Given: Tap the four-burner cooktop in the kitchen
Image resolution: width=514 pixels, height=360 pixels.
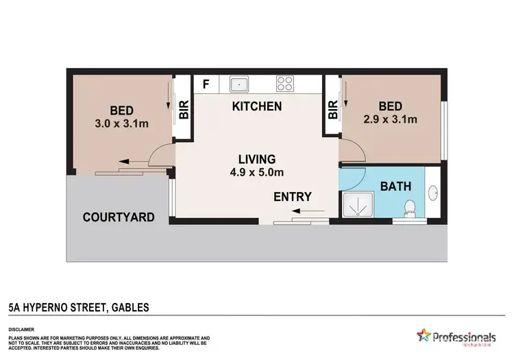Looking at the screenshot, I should pyautogui.click(x=284, y=84).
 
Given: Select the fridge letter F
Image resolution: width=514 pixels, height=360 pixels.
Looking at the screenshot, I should pyautogui.click(x=205, y=84).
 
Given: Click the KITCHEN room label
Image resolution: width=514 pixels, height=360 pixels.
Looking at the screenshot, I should pyautogui.click(x=257, y=106).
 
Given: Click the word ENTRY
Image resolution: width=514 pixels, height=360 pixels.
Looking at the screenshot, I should pyautogui.click(x=293, y=196).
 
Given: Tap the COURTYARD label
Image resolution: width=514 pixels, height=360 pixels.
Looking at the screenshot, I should pyautogui.click(x=118, y=217).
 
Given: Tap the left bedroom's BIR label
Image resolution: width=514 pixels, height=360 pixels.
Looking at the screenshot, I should pyautogui.click(x=184, y=110).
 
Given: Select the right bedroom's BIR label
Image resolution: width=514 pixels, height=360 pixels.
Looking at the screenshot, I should pyautogui.click(x=333, y=110).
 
